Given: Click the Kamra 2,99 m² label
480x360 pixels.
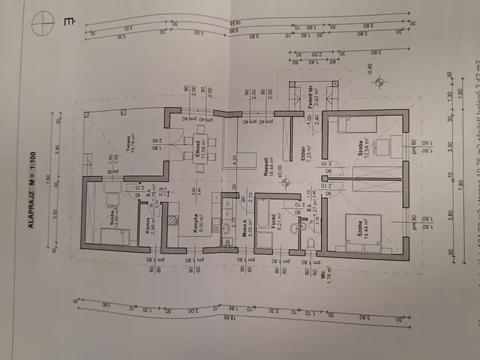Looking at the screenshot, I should (149, 218).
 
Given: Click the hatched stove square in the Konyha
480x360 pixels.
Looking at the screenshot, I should (173, 222).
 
